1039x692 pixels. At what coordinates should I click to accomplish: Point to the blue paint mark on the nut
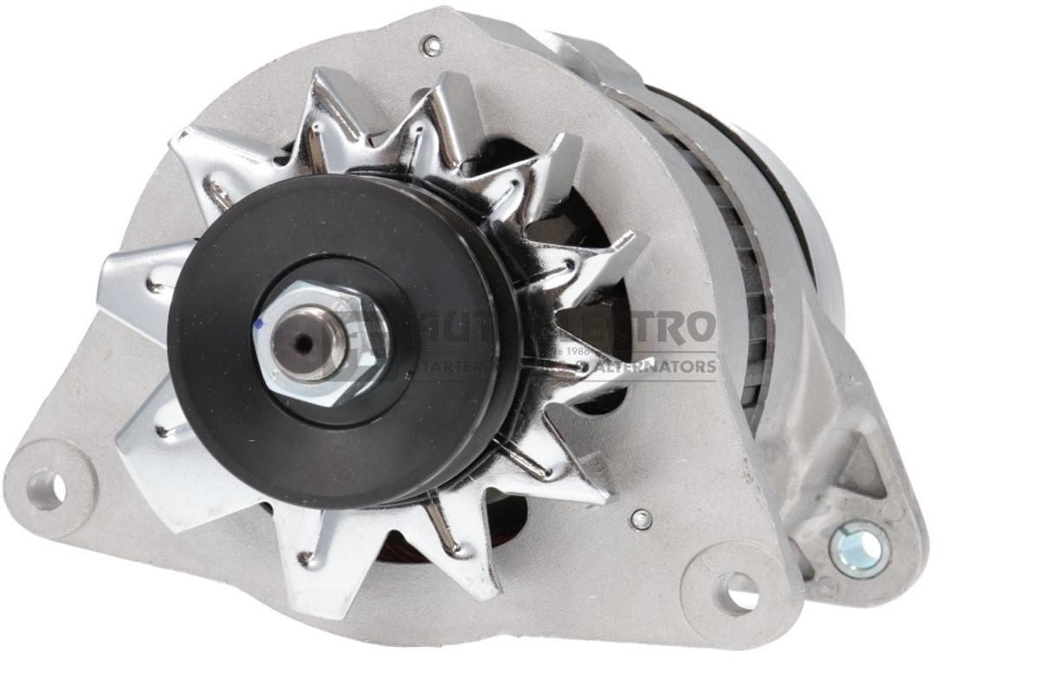(257, 325)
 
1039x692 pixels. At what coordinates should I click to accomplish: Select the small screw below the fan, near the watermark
(641, 519)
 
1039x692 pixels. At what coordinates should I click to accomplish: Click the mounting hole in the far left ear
(45, 490)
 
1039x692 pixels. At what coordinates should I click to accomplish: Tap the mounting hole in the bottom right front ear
(737, 593)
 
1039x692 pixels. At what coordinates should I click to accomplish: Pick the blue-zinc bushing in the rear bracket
(859, 548)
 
